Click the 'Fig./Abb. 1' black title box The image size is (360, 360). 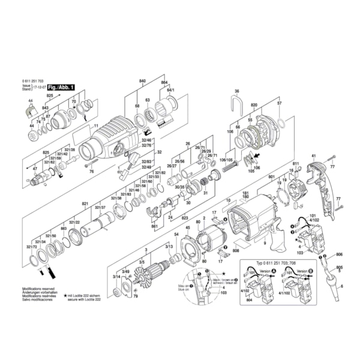61,88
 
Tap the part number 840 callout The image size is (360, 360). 142,80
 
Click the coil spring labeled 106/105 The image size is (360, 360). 228,169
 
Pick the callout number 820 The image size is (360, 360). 254,105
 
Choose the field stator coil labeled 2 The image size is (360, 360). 210,236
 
